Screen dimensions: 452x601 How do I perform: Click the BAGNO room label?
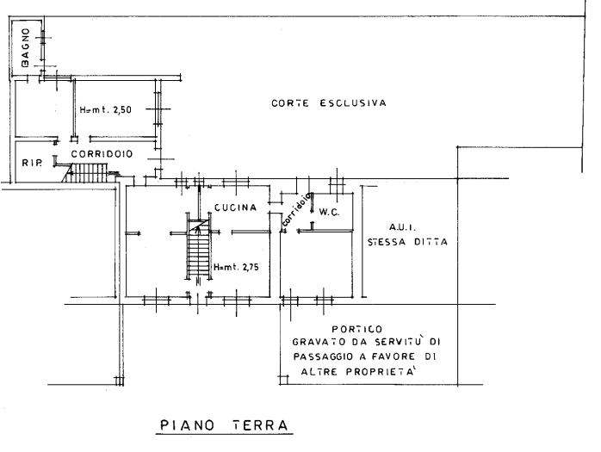click(26, 49)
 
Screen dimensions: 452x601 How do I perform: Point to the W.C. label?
click(328, 211)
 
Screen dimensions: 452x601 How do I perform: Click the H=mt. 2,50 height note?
click(104, 111)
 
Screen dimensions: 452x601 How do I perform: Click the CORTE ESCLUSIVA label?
click(328, 102)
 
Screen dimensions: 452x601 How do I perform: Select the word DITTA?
click(431, 242)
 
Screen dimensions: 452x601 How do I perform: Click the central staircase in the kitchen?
click(199, 250)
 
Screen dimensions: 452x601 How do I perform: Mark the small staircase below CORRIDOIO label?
click(87, 174)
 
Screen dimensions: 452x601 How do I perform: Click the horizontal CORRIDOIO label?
click(101, 153)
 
